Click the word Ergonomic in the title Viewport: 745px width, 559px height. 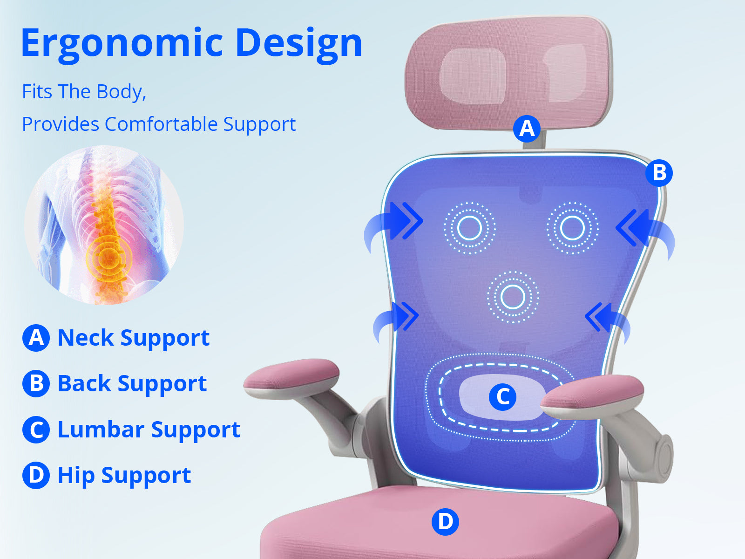click(122, 45)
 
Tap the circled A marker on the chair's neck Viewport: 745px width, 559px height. click(527, 129)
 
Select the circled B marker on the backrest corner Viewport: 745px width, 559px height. click(659, 173)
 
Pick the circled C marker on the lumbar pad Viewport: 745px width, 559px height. click(502, 397)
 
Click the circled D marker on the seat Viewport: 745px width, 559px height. click(445, 522)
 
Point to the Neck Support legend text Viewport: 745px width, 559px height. click(133, 338)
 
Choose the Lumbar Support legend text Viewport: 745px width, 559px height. click(149, 429)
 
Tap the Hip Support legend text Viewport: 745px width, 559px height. click(124, 476)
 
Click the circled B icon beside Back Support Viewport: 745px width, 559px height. click(36, 384)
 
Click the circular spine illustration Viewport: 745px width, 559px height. click(104, 225)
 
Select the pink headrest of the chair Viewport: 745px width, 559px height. click(508, 73)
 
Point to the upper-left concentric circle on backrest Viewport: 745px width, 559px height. click(469, 228)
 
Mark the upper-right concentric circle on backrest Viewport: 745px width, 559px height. click(572, 228)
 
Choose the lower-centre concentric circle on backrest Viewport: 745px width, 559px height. click(513, 297)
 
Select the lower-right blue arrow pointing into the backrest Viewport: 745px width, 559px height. click(608, 321)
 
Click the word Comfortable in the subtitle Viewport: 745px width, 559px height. click(162, 124)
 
